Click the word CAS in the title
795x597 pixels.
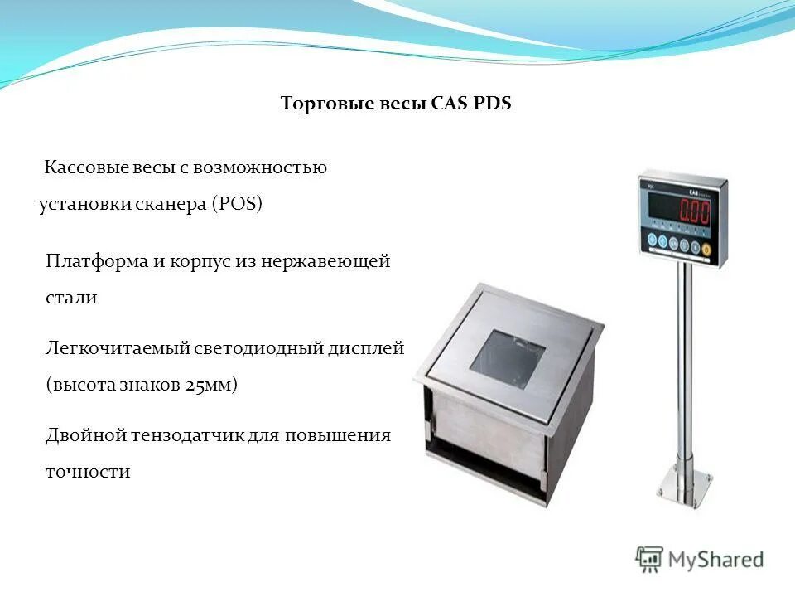(x=450, y=104)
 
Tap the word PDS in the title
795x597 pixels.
(x=492, y=104)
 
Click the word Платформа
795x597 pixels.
(x=96, y=262)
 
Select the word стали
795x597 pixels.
(x=71, y=298)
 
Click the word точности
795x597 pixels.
(x=88, y=472)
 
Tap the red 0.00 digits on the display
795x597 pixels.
(x=694, y=211)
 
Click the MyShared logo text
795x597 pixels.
(x=716, y=560)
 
